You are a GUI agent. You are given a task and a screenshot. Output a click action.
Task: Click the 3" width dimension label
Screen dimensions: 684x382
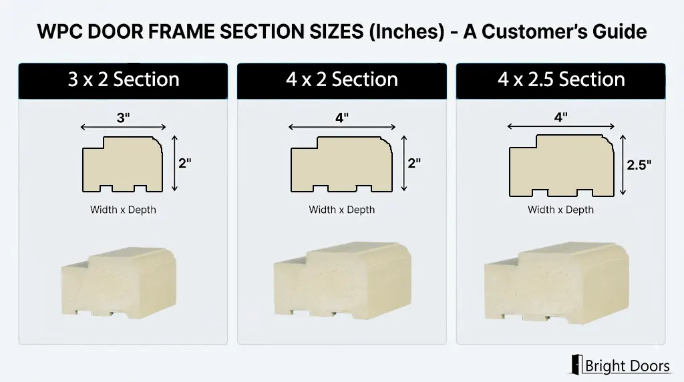click(124, 118)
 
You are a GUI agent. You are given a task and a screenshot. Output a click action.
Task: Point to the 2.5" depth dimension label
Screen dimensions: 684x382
click(639, 165)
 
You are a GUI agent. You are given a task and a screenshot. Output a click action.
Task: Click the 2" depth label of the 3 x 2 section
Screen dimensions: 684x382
click(185, 163)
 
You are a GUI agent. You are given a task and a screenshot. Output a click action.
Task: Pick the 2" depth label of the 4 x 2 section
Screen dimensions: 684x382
click(414, 163)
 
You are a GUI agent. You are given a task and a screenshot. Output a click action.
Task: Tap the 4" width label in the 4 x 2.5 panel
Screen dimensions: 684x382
click(561, 117)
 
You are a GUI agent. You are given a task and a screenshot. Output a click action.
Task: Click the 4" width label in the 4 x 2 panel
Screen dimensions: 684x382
click(342, 118)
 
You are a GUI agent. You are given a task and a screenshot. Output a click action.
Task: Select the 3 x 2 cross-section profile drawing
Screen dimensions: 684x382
click(123, 164)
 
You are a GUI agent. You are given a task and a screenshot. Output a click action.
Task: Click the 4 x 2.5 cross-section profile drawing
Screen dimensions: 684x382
click(562, 166)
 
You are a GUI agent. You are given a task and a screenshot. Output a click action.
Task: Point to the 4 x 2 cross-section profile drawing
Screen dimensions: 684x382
click(341, 164)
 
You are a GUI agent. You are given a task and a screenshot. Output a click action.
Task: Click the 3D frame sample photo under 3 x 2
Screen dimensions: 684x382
click(119, 282)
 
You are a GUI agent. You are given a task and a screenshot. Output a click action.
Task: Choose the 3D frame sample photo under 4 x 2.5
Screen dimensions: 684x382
click(556, 282)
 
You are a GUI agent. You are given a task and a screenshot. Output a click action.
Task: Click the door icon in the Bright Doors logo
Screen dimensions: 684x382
click(576, 365)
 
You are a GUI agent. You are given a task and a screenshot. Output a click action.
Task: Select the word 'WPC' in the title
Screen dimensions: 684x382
click(60, 31)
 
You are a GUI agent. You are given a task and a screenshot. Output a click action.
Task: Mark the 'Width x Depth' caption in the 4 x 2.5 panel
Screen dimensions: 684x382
click(560, 210)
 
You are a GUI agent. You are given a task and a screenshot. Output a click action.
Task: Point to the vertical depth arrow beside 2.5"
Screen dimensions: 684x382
click(623, 165)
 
